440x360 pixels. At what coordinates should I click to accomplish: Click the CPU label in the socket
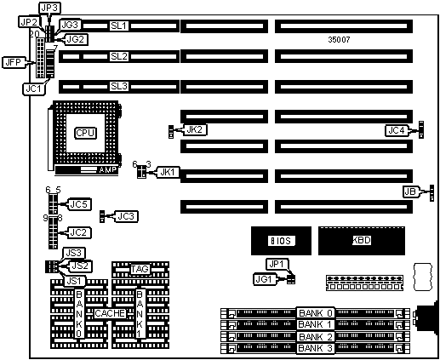pyautogui.click(x=85, y=133)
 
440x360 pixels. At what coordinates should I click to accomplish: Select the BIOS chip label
pyautogui.click(x=282, y=241)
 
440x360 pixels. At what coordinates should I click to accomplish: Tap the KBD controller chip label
pyautogui.click(x=362, y=240)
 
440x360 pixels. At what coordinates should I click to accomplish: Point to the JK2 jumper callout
pyautogui.click(x=195, y=129)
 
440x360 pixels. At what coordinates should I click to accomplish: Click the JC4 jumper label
pyautogui.click(x=397, y=130)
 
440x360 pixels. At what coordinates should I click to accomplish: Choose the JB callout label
pyautogui.click(x=410, y=191)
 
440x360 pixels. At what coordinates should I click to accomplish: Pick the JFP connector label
pyautogui.click(x=14, y=62)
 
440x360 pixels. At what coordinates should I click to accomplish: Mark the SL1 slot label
pyautogui.click(x=119, y=26)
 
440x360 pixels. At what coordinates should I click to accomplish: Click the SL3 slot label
pyautogui.click(x=119, y=86)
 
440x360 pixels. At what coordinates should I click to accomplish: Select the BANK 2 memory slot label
pyautogui.click(x=316, y=337)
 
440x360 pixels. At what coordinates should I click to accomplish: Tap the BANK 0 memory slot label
pyautogui.click(x=316, y=313)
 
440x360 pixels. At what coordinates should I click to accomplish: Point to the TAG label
pyautogui.click(x=140, y=269)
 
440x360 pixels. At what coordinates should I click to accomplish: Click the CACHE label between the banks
pyautogui.click(x=110, y=313)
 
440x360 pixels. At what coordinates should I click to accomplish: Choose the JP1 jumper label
pyautogui.click(x=277, y=265)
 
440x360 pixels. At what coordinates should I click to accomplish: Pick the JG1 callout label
pyautogui.click(x=264, y=279)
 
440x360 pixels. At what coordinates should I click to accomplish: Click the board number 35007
pyautogui.click(x=339, y=40)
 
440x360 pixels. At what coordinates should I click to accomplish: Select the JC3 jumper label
pyautogui.click(x=126, y=216)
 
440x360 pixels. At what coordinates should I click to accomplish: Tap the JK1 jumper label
pyautogui.click(x=168, y=172)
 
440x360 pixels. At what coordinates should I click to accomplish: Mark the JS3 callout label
pyautogui.click(x=74, y=253)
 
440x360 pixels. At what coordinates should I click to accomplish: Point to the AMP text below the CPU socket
pyautogui.click(x=108, y=170)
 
